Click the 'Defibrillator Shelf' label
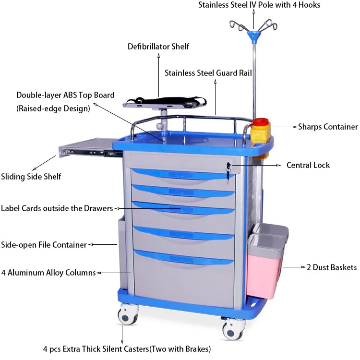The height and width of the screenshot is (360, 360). pyautogui.click(x=158, y=47)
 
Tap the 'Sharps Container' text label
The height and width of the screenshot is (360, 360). pyautogui.click(x=328, y=127)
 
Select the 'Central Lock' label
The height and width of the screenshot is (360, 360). pyautogui.click(x=308, y=165)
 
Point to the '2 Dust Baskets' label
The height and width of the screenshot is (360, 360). pyautogui.click(x=332, y=267)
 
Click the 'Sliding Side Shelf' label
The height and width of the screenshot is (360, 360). pyautogui.click(x=31, y=177)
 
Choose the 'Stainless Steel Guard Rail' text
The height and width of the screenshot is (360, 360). pyautogui.click(x=208, y=73)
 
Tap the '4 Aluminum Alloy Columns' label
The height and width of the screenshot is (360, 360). pyautogui.click(x=48, y=273)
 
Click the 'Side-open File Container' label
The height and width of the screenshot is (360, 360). pyautogui.click(x=44, y=245)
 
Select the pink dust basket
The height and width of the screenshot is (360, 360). pyautogui.click(x=264, y=269)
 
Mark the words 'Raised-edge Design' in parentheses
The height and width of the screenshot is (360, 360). pyautogui.click(x=53, y=108)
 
